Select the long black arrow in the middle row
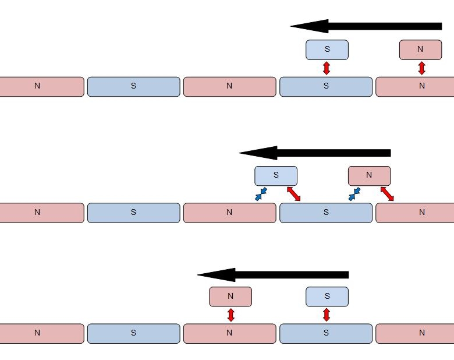(315, 153)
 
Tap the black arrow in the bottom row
(273, 275)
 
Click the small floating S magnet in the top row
(327, 50)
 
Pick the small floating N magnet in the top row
(420, 50)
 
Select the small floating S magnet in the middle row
(276, 175)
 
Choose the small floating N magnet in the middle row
(369, 175)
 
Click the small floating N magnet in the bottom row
(230, 297)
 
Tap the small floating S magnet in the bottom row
(327, 297)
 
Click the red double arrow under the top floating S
(327, 68)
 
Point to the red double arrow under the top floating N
(422, 68)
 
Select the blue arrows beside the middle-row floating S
(261, 194)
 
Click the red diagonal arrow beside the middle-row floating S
(293, 194)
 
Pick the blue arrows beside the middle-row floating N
(354, 194)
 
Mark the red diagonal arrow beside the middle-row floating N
(387, 194)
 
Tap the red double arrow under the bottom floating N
(230, 315)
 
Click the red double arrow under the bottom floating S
(327, 315)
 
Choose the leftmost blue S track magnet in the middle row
(133, 213)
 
